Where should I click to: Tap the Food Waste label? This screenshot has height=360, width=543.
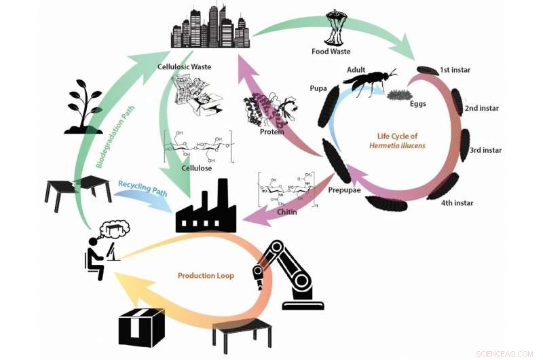click(x=331, y=52)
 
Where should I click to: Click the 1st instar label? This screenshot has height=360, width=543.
click(x=455, y=70)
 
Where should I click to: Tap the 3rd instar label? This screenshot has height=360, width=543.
click(x=485, y=150)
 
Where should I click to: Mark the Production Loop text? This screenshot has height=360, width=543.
click(x=206, y=276)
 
